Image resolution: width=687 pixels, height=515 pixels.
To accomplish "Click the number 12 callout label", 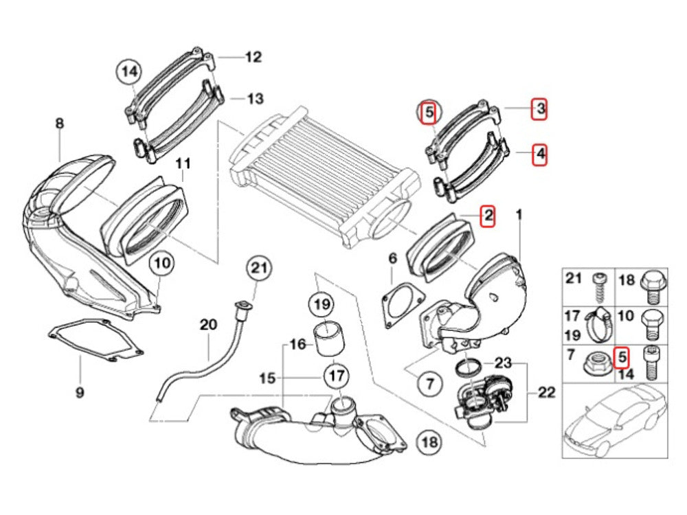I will [x=254, y=57].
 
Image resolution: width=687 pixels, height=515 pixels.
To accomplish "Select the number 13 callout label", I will [x=255, y=99].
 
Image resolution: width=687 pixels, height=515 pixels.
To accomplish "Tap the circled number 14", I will [x=129, y=70].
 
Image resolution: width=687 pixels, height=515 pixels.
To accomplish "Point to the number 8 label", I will [x=59, y=124].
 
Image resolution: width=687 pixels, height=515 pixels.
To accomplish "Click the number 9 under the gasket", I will [x=80, y=393].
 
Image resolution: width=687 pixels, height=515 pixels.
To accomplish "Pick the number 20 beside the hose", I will [x=207, y=324].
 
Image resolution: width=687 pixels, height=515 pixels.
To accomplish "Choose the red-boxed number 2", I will [x=487, y=216].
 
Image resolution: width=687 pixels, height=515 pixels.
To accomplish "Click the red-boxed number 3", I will [x=540, y=108].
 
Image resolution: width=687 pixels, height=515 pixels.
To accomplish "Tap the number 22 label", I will [x=546, y=393].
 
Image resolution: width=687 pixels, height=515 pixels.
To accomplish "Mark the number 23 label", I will [x=504, y=362].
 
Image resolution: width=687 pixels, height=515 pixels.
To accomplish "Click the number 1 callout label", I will [x=519, y=216].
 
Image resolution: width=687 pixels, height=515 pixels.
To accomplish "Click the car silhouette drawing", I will [x=613, y=419].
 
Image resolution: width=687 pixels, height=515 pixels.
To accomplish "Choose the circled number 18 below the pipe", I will [x=429, y=442].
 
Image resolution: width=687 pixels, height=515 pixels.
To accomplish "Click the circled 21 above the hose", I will [x=260, y=268].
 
